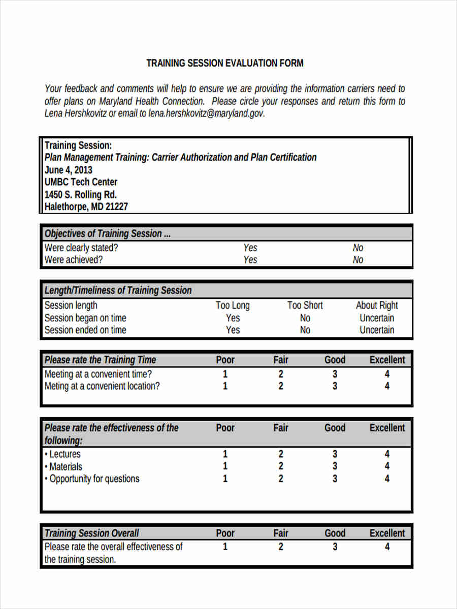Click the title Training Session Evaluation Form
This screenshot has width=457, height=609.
(225, 63)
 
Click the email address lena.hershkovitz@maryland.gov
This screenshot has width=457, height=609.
(206, 114)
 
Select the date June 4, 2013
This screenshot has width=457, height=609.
(69, 170)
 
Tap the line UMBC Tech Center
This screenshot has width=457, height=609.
(81, 182)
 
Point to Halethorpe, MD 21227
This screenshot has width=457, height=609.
(86, 207)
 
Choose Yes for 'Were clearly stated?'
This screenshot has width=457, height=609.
(250, 248)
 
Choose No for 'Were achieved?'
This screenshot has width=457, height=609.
(358, 260)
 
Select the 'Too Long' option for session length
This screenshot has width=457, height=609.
(233, 306)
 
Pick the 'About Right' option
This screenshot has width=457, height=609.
(377, 306)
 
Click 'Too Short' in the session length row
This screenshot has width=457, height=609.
(305, 306)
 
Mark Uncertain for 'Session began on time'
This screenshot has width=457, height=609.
(377, 318)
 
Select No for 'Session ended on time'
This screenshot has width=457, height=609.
(305, 330)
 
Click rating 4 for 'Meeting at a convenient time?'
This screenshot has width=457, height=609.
(387, 375)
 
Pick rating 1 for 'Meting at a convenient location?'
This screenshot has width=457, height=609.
(225, 386)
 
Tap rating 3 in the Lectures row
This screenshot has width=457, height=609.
(335, 454)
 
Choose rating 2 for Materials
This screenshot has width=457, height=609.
(281, 466)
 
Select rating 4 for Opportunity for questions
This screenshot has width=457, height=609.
(387, 479)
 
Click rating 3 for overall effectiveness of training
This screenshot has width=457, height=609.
(335, 547)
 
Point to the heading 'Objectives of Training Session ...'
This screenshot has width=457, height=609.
(108, 234)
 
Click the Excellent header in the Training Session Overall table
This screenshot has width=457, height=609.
(387, 533)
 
